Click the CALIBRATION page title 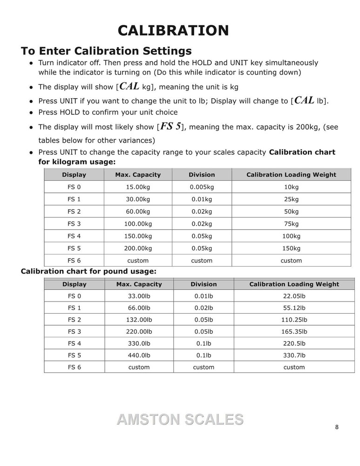click(173, 30)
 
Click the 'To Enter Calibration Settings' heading click(106, 50)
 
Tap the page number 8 click(337, 427)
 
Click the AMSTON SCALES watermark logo click(180, 419)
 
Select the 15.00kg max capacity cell click(138, 187)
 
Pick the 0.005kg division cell click(202, 187)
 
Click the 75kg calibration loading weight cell click(291, 224)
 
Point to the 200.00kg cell click(138, 248)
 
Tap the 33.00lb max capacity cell click(139, 296)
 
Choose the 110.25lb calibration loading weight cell click(294, 320)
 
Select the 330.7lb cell click(294, 355)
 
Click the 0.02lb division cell click(204, 308)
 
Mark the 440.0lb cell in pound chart click(139, 355)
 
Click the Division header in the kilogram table click(202, 175)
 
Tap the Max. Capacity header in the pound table click(139, 284)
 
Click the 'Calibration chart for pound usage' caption click(88, 271)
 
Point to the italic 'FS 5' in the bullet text click(170, 127)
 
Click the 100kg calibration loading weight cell click(291, 236)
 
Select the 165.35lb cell click(294, 332)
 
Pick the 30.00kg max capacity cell click(138, 199)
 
